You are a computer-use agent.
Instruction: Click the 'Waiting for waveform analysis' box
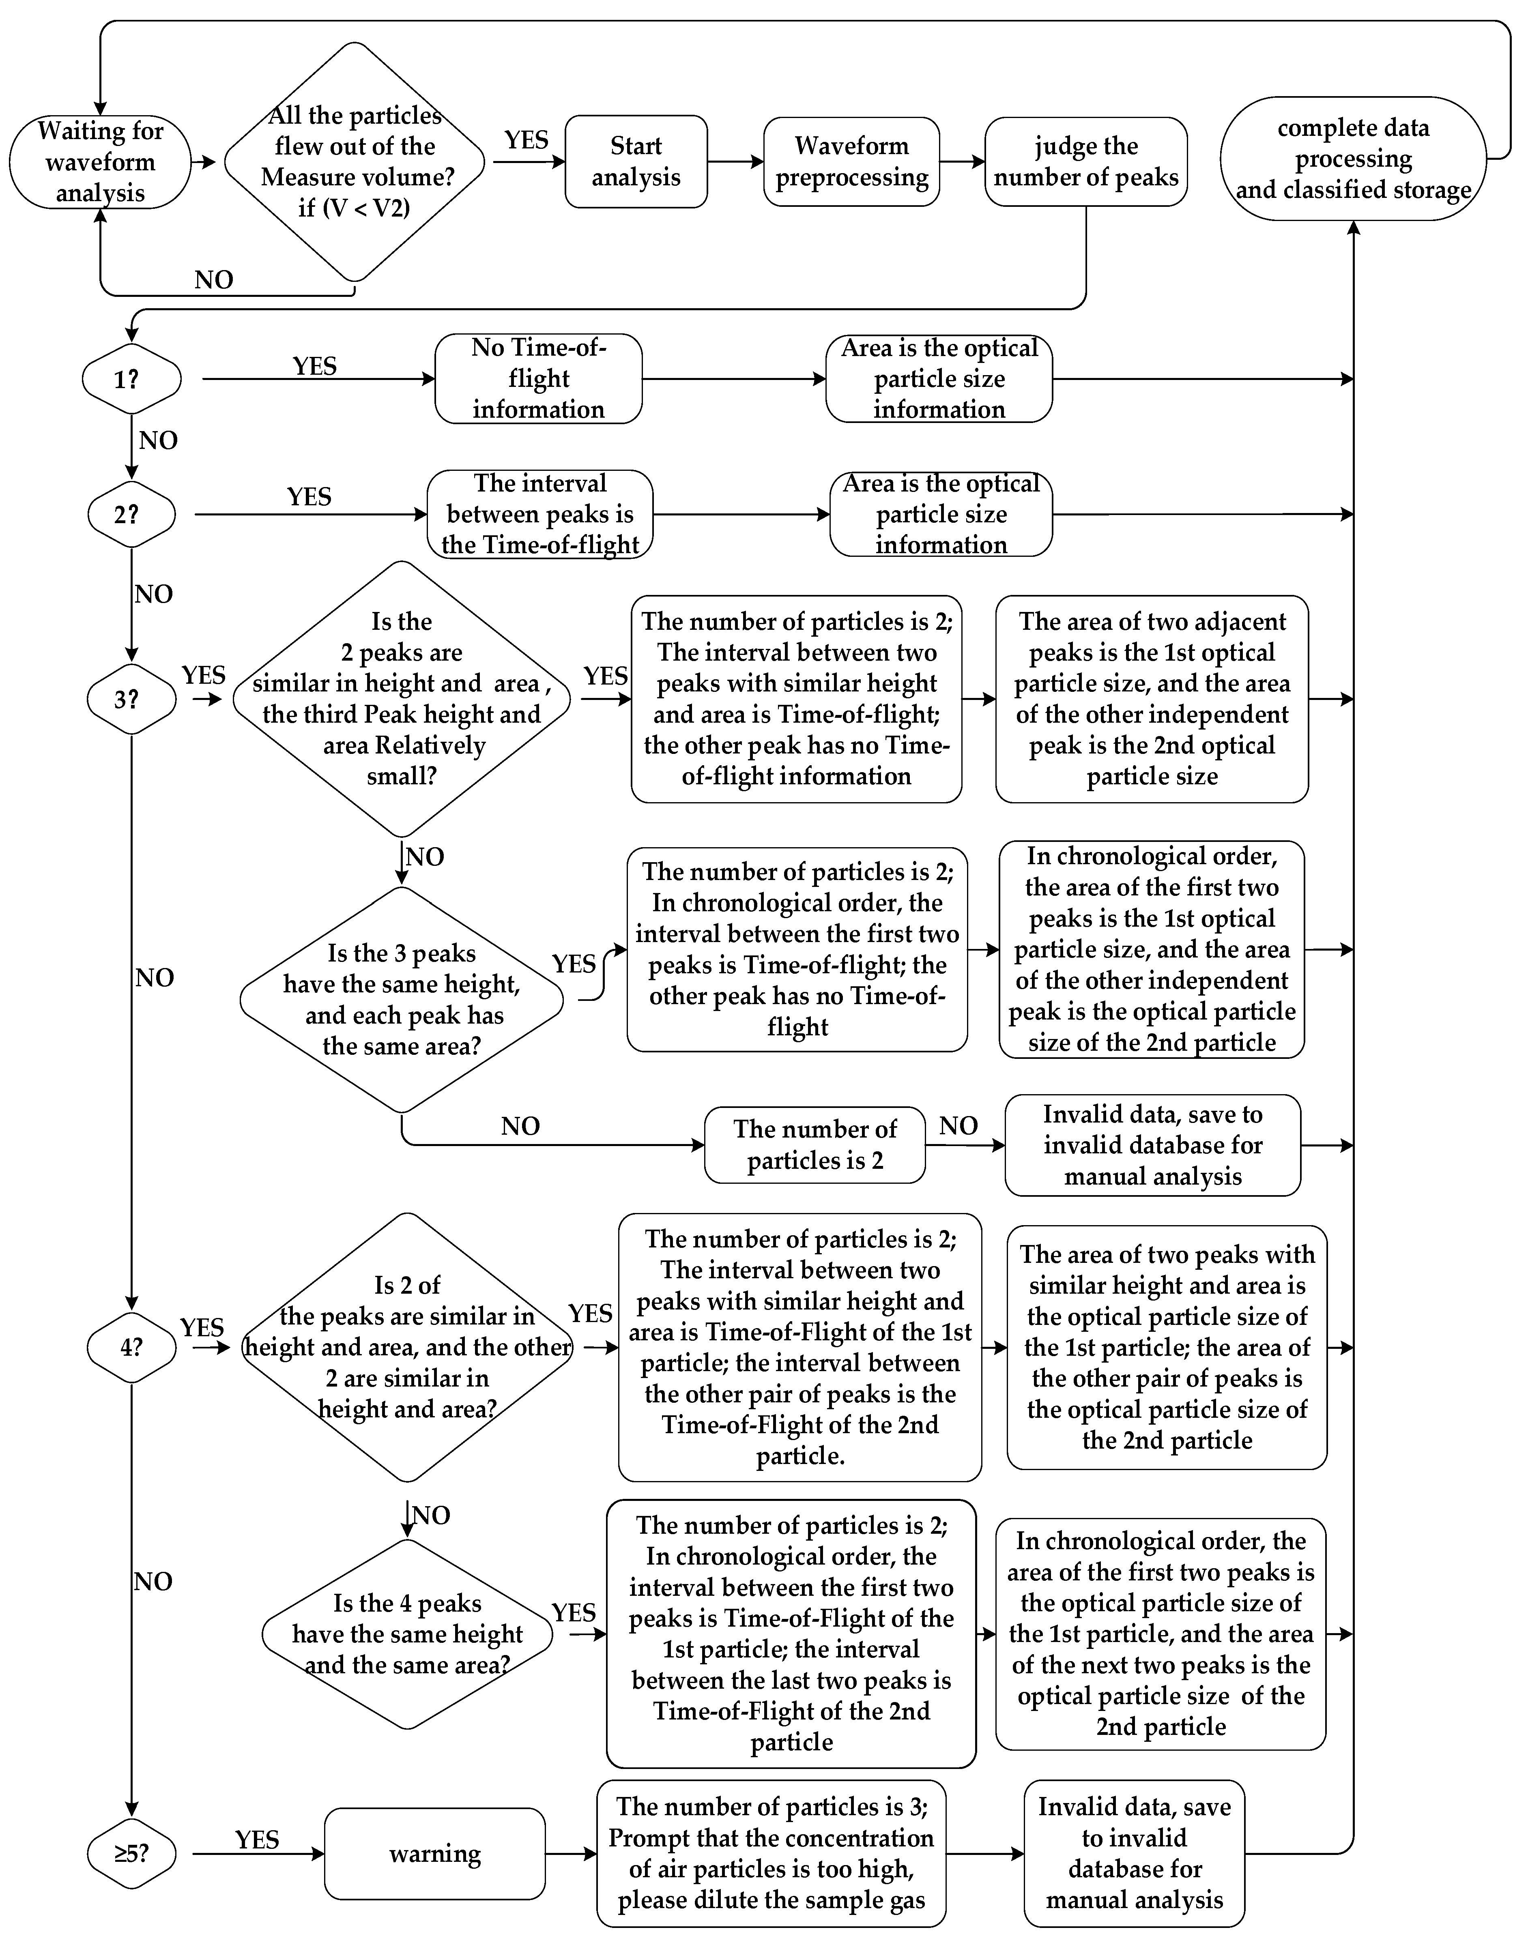pyautogui.click(x=100, y=162)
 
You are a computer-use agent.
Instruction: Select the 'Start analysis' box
pyautogui.click(x=636, y=162)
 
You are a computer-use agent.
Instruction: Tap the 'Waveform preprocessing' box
pyautogui.click(x=852, y=162)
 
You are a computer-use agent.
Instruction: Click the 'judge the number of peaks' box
pyautogui.click(x=1086, y=162)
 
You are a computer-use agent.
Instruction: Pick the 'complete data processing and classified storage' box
pyautogui.click(x=1353, y=159)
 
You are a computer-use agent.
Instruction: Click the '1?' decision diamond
pyautogui.click(x=131, y=379)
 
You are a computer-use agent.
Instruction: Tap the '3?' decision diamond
pyautogui.click(x=131, y=700)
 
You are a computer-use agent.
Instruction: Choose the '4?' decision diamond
pyautogui.click(x=131, y=1347)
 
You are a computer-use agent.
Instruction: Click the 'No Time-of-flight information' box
pyautogui.click(x=539, y=379)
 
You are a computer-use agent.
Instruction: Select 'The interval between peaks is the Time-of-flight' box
pyautogui.click(x=540, y=514)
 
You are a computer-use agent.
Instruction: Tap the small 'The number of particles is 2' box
pyautogui.click(x=815, y=1145)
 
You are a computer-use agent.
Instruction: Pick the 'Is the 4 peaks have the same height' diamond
pyautogui.click(x=407, y=1634)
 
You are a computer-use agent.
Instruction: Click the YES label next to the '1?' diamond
pyautogui.click(x=315, y=367)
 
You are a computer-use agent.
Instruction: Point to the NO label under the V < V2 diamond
pyautogui.click(x=214, y=280)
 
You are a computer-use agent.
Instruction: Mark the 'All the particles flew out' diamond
pyautogui.click(x=355, y=162)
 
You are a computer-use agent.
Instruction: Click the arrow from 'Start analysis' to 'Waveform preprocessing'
pyautogui.click(x=735, y=162)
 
